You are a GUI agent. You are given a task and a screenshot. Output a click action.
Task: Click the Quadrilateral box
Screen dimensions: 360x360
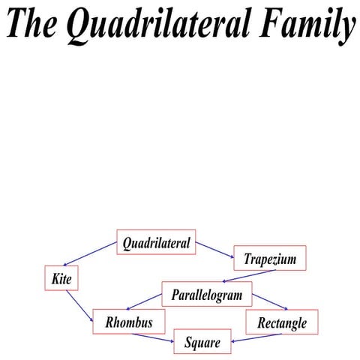(x=156, y=242)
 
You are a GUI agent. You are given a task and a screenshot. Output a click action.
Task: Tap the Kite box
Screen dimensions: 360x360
(x=61, y=278)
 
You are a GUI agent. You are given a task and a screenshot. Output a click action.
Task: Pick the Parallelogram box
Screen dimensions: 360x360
(x=206, y=294)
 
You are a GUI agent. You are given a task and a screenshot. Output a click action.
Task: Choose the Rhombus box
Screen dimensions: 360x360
(x=129, y=322)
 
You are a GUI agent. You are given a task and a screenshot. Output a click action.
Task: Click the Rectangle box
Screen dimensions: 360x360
(x=282, y=322)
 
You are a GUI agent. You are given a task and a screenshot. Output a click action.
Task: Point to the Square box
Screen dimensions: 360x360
(x=202, y=342)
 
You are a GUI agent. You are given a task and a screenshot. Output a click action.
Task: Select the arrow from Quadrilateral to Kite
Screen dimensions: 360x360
(x=90, y=253)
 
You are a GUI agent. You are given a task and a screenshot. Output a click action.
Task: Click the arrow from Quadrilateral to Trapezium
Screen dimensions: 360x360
(x=215, y=249)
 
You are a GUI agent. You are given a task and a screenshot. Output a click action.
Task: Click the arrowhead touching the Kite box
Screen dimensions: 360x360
(x=65, y=265)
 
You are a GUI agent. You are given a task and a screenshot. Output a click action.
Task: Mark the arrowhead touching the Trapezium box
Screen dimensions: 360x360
(x=231, y=256)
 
